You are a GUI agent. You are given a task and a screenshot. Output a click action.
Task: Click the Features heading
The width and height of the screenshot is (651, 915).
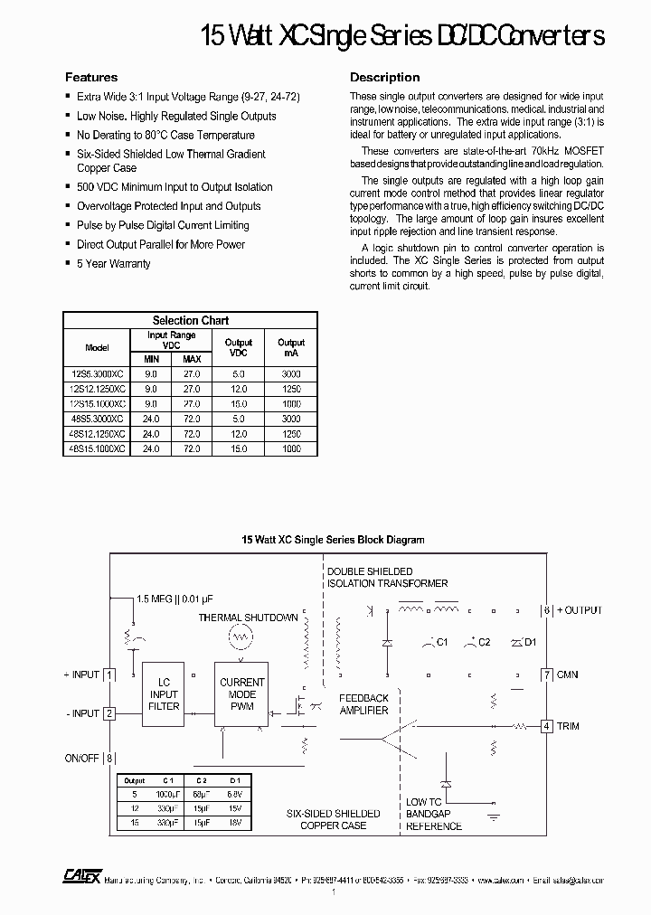[91, 78]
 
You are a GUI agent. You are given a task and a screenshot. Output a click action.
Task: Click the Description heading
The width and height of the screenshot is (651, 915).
[384, 78]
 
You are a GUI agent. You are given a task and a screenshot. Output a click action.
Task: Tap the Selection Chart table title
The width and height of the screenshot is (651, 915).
[190, 320]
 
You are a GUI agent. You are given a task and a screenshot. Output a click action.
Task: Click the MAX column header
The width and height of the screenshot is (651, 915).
[192, 359]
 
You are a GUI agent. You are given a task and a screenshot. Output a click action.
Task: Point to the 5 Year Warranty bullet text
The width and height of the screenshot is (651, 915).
[114, 264]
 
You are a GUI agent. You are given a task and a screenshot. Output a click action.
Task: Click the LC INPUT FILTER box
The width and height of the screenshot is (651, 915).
[164, 694]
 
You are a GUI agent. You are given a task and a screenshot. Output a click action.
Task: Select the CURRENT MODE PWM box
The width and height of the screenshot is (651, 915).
[242, 694]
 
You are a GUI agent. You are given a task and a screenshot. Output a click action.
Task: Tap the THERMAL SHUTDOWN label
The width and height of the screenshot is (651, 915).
[248, 618]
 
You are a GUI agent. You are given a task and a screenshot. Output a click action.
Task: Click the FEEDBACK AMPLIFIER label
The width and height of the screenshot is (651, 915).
[363, 704]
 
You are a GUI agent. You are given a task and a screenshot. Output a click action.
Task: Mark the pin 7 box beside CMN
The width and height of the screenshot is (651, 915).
[546, 674]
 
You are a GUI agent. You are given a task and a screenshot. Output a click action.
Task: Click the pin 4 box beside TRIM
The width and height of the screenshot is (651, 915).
[546, 726]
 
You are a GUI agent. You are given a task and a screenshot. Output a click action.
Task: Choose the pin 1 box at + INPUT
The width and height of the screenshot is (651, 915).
[109, 674]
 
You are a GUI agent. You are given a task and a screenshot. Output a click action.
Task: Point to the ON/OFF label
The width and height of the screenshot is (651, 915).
[81, 758]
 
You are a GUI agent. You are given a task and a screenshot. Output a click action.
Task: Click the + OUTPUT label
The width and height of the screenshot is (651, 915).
[578, 610]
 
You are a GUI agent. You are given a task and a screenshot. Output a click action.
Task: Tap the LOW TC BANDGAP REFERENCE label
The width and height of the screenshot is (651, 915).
[434, 814]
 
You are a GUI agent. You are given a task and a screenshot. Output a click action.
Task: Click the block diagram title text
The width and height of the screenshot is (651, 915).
[333, 540]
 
